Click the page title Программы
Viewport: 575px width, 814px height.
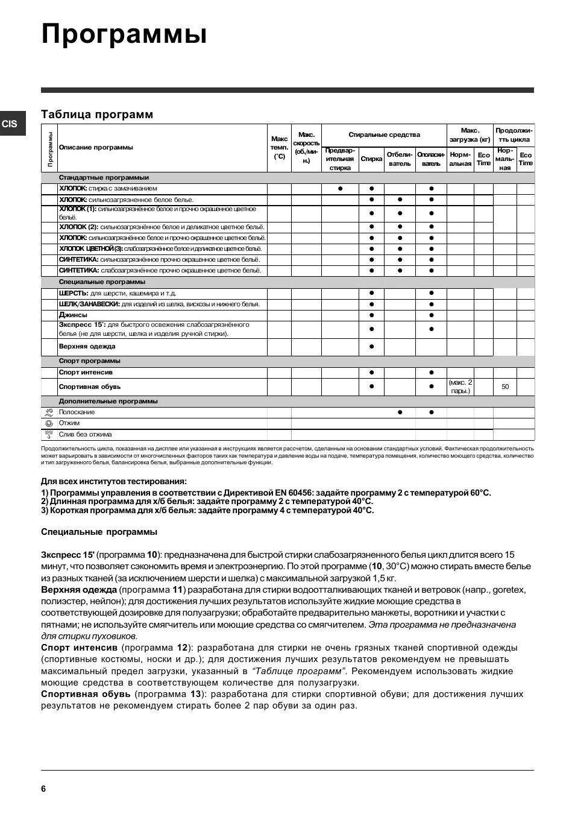point(124,34)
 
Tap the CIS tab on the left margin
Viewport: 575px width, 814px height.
point(10,124)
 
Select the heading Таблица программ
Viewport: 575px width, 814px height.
point(97,115)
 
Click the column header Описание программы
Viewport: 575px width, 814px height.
point(96,148)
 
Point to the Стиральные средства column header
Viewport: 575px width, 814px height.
point(384,135)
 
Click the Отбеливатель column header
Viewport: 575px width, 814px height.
point(399,159)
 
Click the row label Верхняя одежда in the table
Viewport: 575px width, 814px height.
point(87,347)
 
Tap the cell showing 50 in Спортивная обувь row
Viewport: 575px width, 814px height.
point(505,387)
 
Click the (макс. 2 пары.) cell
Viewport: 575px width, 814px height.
point(460,386)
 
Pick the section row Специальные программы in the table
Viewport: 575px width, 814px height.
point(102,282)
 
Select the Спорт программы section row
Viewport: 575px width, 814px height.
point(89,361)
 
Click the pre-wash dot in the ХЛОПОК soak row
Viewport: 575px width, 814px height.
point(340,189)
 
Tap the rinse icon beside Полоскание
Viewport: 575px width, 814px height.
point(49,412)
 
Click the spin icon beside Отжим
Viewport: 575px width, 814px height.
point(49,423)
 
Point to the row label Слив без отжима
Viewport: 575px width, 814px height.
point(85,434)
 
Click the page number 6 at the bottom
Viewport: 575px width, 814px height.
point(43,789)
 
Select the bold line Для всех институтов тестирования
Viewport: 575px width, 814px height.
point(114,481)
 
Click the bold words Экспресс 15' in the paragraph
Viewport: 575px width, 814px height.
point(68,555)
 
